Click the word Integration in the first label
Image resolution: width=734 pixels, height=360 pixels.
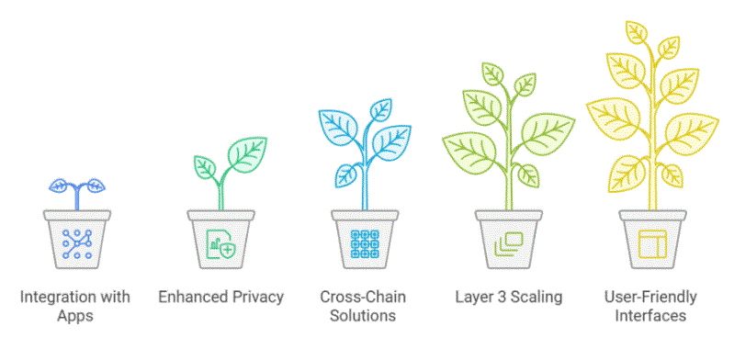click(51, 297)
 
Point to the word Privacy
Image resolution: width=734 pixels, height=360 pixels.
click(256, 297)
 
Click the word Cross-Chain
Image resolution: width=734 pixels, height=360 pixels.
click(359, 297)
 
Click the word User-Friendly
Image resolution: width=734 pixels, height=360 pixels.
click(650, 297)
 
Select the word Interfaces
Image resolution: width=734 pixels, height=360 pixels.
click(650, 316)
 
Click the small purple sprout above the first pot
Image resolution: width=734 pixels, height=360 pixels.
click(77, 187)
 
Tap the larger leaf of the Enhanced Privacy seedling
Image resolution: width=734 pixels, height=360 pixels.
click(246, 152)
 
